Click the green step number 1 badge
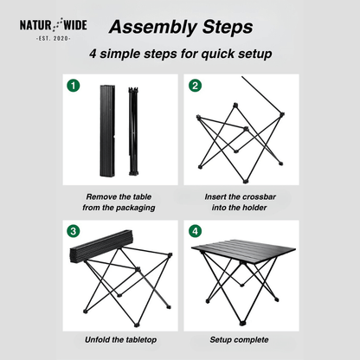pyautogui.click(x=74, y=86)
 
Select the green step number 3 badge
pyautogui.click(x=74, y=231)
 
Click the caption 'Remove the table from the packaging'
pyautogui.click(x=119, y=201)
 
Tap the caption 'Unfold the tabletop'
pyautogui.click(x=119, y=340)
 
